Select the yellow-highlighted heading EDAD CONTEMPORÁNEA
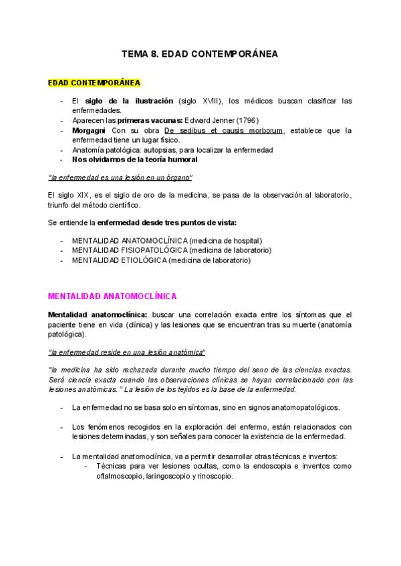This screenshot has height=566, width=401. pyautogui.click(x=94, y=83)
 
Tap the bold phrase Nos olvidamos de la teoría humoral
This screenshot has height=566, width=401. pyautogui.click(x=134, y=160)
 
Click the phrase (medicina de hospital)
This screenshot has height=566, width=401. pyautogui.click(x=225, y=240)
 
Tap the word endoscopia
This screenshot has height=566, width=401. pyautogui.click(x=261, y=467)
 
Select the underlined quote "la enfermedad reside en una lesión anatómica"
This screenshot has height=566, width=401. pyautogui.click(x=127, y=352)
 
